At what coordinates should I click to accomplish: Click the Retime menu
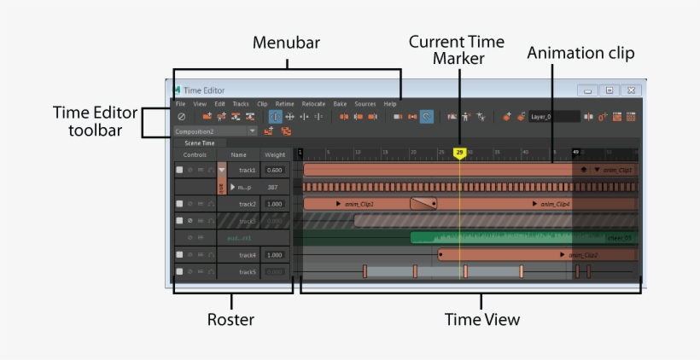coord(285,104)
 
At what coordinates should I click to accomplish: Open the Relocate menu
coord(313,104)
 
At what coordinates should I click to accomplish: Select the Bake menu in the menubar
coord(340,104)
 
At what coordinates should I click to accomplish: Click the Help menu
coord(390,104)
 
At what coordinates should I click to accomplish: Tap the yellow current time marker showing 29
coord(459,153)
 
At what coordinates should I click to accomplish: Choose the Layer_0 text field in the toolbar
coord(552,116)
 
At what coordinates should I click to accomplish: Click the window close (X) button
coord(631,90)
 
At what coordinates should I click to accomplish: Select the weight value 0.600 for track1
coord(274,170)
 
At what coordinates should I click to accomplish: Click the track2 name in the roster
coord(248,204)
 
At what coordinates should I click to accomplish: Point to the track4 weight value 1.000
coord(274,255)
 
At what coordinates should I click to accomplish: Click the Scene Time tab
coord(200,143)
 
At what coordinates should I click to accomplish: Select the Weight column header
coord(274,154)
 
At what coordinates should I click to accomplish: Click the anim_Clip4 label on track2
coord(552,204)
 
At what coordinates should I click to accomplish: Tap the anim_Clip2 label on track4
coord(583,255)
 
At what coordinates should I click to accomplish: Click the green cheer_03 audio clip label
coord(619,238)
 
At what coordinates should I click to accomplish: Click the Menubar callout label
coord(286,43)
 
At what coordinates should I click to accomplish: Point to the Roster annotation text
coord(230,320)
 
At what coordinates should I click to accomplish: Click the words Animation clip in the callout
coord(580,53)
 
